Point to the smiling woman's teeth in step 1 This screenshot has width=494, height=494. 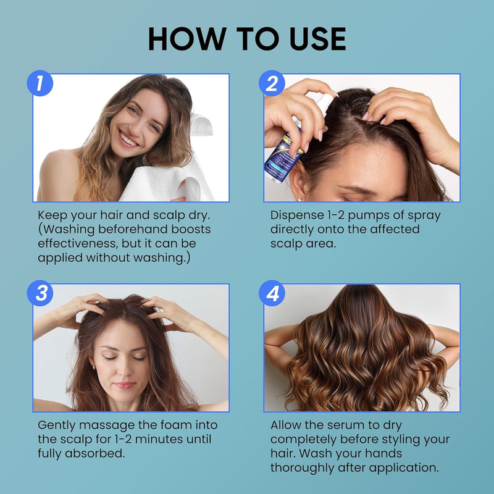[x=128, y=140]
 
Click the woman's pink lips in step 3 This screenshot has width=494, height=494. [x=125, y=385]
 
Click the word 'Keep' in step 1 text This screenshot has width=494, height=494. [x=52, y=215]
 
